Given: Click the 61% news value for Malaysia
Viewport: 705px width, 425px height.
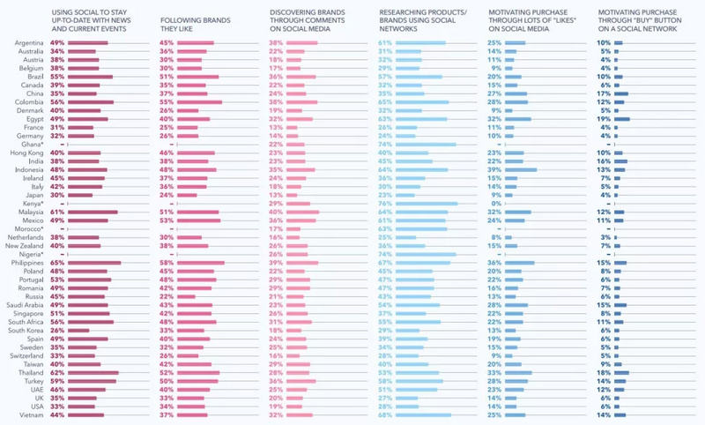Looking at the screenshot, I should pyautogui.click(x=57, y=212).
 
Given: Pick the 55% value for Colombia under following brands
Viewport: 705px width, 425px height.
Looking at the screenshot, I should pyautogui.click(x=167, y=101).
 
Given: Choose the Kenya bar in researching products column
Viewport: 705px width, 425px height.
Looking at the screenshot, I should pyautogui.click(x=427, y=204).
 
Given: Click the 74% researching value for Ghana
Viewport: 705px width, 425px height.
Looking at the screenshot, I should pyautogui.click(x=385, y=144).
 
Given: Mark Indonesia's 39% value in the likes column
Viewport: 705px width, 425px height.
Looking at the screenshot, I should pyautogui.click(x=493, y=169).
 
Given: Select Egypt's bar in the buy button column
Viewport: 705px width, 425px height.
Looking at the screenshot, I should pyautogui.click(x=622, y=118).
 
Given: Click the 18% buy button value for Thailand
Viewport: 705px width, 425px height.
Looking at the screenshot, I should pyautogui.click(x=603, y=373).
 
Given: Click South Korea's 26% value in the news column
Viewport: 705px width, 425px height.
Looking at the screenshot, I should pyautogui.click(x=57, y=331).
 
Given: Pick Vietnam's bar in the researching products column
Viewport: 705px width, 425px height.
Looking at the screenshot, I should pyautogui.click(x=423, y=415).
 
